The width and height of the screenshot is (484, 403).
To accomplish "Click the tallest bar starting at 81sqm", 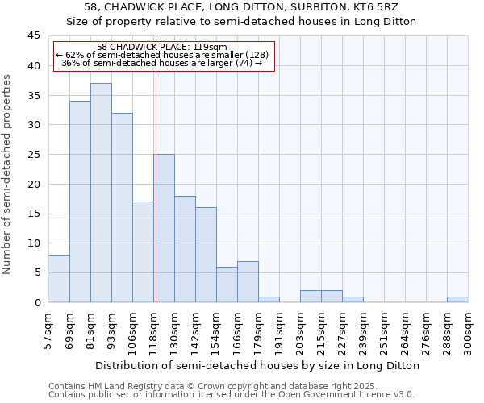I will (101, 193).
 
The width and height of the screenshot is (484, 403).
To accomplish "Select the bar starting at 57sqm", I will (59, 278).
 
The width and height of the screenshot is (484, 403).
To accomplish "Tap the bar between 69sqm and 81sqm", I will (80, 201).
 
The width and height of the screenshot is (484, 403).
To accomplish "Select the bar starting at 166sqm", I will (248, 281).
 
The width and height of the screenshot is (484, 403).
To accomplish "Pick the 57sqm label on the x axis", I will (49, 331).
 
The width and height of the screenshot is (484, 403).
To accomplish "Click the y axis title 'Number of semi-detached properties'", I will (7, 173).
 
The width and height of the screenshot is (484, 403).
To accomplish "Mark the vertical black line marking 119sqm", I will (156, 185).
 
